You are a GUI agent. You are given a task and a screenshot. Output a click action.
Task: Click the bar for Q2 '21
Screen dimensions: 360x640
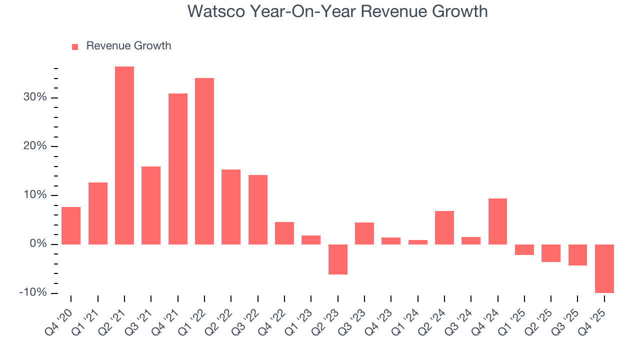point(124,155)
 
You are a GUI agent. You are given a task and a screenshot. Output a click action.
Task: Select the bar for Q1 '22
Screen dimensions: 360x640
point(204,161)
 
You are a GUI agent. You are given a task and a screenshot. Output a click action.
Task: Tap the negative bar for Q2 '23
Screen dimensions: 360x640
point(338,259)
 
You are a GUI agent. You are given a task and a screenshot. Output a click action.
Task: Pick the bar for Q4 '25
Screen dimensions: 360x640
point(604,268)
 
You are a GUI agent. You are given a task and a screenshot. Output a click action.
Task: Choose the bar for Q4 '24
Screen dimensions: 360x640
point(497,221)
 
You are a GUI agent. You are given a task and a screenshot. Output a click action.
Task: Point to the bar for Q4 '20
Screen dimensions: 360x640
point(71,225)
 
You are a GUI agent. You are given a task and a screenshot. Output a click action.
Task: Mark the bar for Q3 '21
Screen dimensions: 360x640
point(151,205)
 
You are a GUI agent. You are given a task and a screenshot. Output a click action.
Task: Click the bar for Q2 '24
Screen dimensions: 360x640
point(444,227)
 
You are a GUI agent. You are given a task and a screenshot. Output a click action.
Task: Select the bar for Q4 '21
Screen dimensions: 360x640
point(178,169)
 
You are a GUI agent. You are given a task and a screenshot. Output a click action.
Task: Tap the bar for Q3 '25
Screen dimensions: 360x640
point(577,254)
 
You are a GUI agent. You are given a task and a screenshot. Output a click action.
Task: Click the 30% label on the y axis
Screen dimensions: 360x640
point(35,97)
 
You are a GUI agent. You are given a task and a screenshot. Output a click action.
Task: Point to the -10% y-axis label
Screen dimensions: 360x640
point(33,293)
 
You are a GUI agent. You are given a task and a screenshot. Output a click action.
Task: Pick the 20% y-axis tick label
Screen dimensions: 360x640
point(35,146)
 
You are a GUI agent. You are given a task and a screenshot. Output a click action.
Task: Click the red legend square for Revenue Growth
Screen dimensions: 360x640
point(75,46)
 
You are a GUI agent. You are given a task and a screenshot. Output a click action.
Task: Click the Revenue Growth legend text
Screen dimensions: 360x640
point(128,46)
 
